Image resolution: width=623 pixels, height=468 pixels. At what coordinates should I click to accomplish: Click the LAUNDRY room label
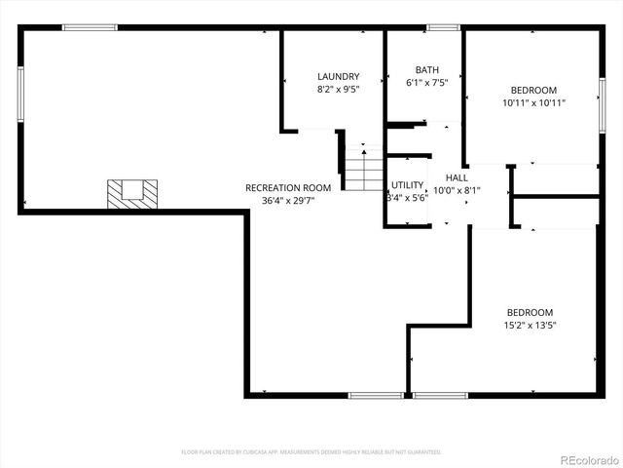coord(338,77)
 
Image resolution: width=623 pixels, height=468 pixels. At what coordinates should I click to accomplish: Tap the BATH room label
coord(426,70)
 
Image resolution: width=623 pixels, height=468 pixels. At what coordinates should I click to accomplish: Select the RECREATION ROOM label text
coord(288,188)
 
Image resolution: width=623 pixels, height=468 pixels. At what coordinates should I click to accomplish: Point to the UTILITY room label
coord(407,185)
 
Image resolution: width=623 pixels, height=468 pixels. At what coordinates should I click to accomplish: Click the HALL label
coord(457,178)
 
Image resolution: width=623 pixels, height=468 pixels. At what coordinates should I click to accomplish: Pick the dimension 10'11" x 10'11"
coord(534,102)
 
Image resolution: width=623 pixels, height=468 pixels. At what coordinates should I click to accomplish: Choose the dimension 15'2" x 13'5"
coord(530,326)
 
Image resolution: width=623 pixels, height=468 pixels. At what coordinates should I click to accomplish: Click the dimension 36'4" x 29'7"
coord(288,201)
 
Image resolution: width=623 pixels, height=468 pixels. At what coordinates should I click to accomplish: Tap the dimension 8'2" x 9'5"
coord(338,90)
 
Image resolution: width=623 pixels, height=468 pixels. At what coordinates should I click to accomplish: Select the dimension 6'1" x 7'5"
coord(426,83)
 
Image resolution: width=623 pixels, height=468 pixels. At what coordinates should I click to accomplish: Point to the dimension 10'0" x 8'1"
coord(457,191)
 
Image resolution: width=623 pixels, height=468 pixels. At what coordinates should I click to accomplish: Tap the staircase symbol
coord(364,170)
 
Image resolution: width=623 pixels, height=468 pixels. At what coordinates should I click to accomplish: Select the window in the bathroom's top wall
coord(443,27)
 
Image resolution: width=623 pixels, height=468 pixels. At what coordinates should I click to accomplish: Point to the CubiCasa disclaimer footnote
coord(311,452)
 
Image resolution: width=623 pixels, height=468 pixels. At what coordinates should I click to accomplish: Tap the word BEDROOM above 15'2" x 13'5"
coord(530,313)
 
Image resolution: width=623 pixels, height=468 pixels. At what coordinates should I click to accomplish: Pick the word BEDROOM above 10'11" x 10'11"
coord(534,90)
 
